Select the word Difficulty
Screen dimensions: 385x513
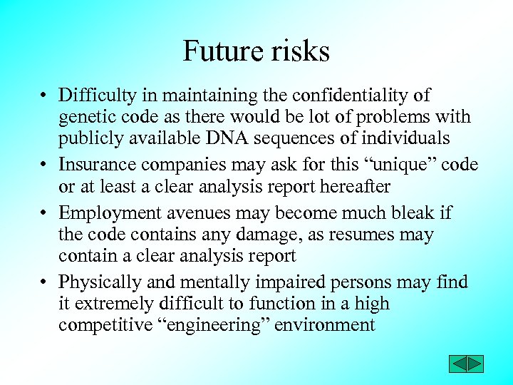[x=95, y=96]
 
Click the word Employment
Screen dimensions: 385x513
[x=102, y=212]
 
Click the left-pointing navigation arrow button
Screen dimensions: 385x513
[x=457, y=364]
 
